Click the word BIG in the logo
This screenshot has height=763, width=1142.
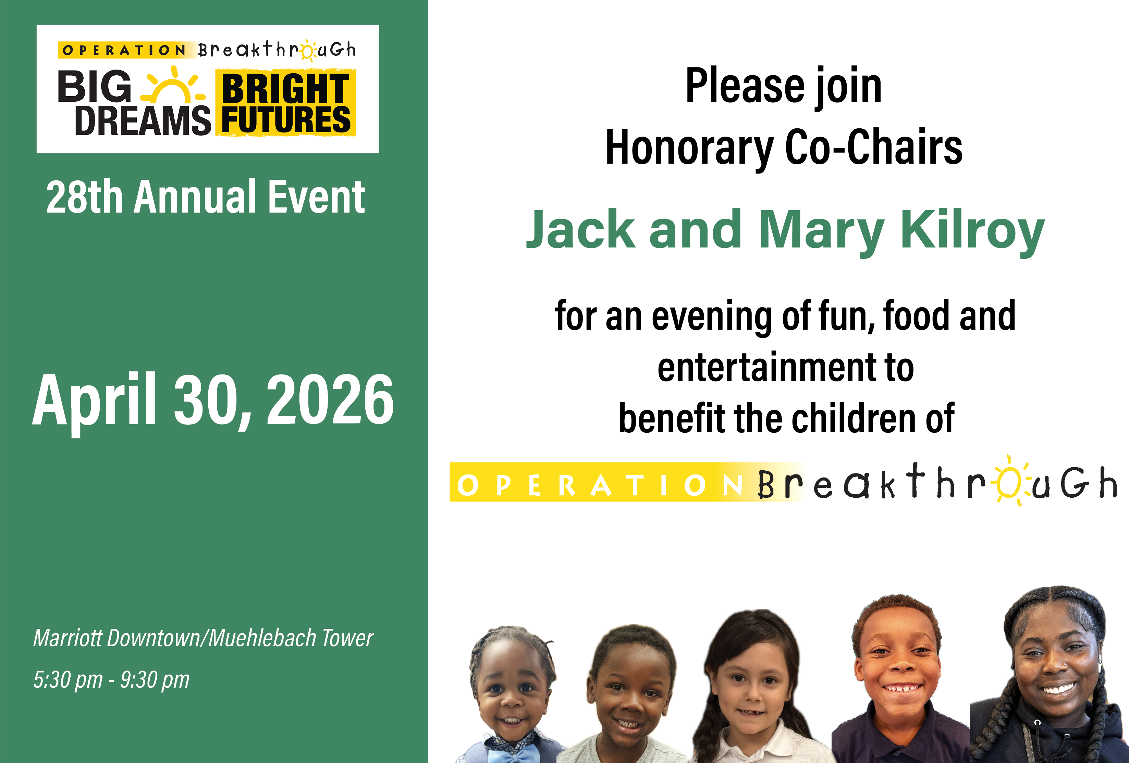coord(95,86)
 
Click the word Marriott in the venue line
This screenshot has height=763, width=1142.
coord(68,638)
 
